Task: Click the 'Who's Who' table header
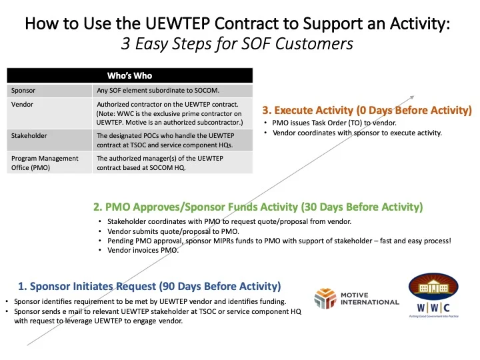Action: tap(130, 75)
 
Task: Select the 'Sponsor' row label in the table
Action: tap(23, 90)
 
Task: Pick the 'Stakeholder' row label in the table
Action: tap(29, 136)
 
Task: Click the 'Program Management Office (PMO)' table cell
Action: tap(44, 163)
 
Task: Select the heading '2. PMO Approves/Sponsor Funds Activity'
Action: tap(263, 207)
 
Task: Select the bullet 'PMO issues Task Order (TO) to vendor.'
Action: tap(329, 123)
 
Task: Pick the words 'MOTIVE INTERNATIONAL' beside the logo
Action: tap(369, 298)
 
